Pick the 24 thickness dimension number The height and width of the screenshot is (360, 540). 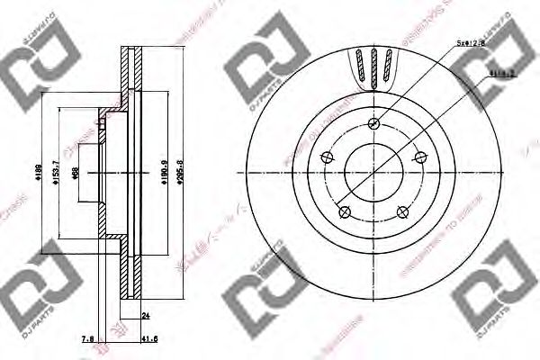point(146,316)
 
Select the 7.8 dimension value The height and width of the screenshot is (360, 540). point(86,338)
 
